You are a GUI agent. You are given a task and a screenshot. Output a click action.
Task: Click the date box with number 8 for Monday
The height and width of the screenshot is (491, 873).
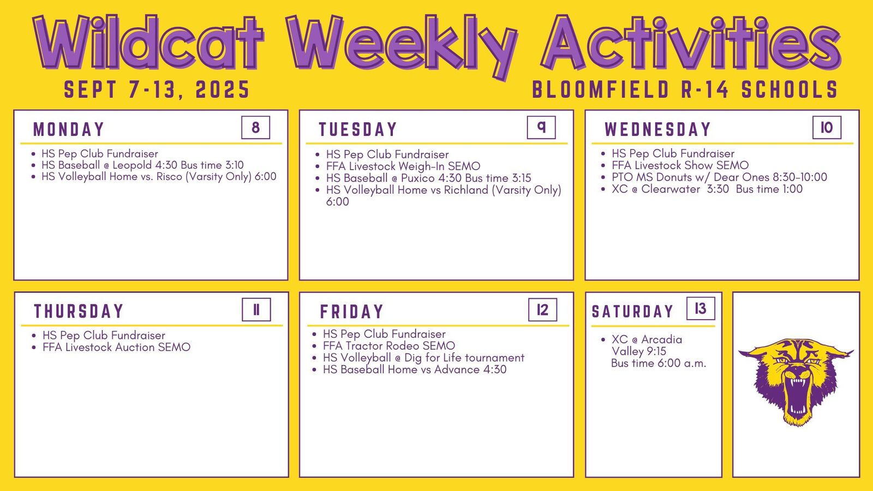[256, 128]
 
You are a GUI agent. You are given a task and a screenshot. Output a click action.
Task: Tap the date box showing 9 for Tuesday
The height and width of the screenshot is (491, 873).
[541, 128]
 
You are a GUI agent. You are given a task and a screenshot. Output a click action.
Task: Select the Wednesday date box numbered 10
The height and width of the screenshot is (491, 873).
[827, 128]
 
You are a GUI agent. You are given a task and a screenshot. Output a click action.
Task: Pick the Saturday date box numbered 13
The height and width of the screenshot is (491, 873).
[701, 309]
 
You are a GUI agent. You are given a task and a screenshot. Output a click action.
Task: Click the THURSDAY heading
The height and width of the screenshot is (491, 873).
[79, 312]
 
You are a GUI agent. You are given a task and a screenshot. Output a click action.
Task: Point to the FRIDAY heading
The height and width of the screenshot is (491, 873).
[351, 312]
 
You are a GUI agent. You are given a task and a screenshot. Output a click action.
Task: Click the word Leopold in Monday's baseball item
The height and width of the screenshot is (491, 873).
[132, 165]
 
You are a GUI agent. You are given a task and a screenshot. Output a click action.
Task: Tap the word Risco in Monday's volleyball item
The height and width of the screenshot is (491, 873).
[170, 177]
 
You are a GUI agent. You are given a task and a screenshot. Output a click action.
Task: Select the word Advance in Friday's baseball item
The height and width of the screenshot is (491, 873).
[457, 369]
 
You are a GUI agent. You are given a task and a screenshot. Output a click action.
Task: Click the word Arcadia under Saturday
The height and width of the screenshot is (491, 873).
[662, 339]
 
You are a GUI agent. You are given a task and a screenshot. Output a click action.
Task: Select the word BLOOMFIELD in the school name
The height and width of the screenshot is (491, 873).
[601, 89]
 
